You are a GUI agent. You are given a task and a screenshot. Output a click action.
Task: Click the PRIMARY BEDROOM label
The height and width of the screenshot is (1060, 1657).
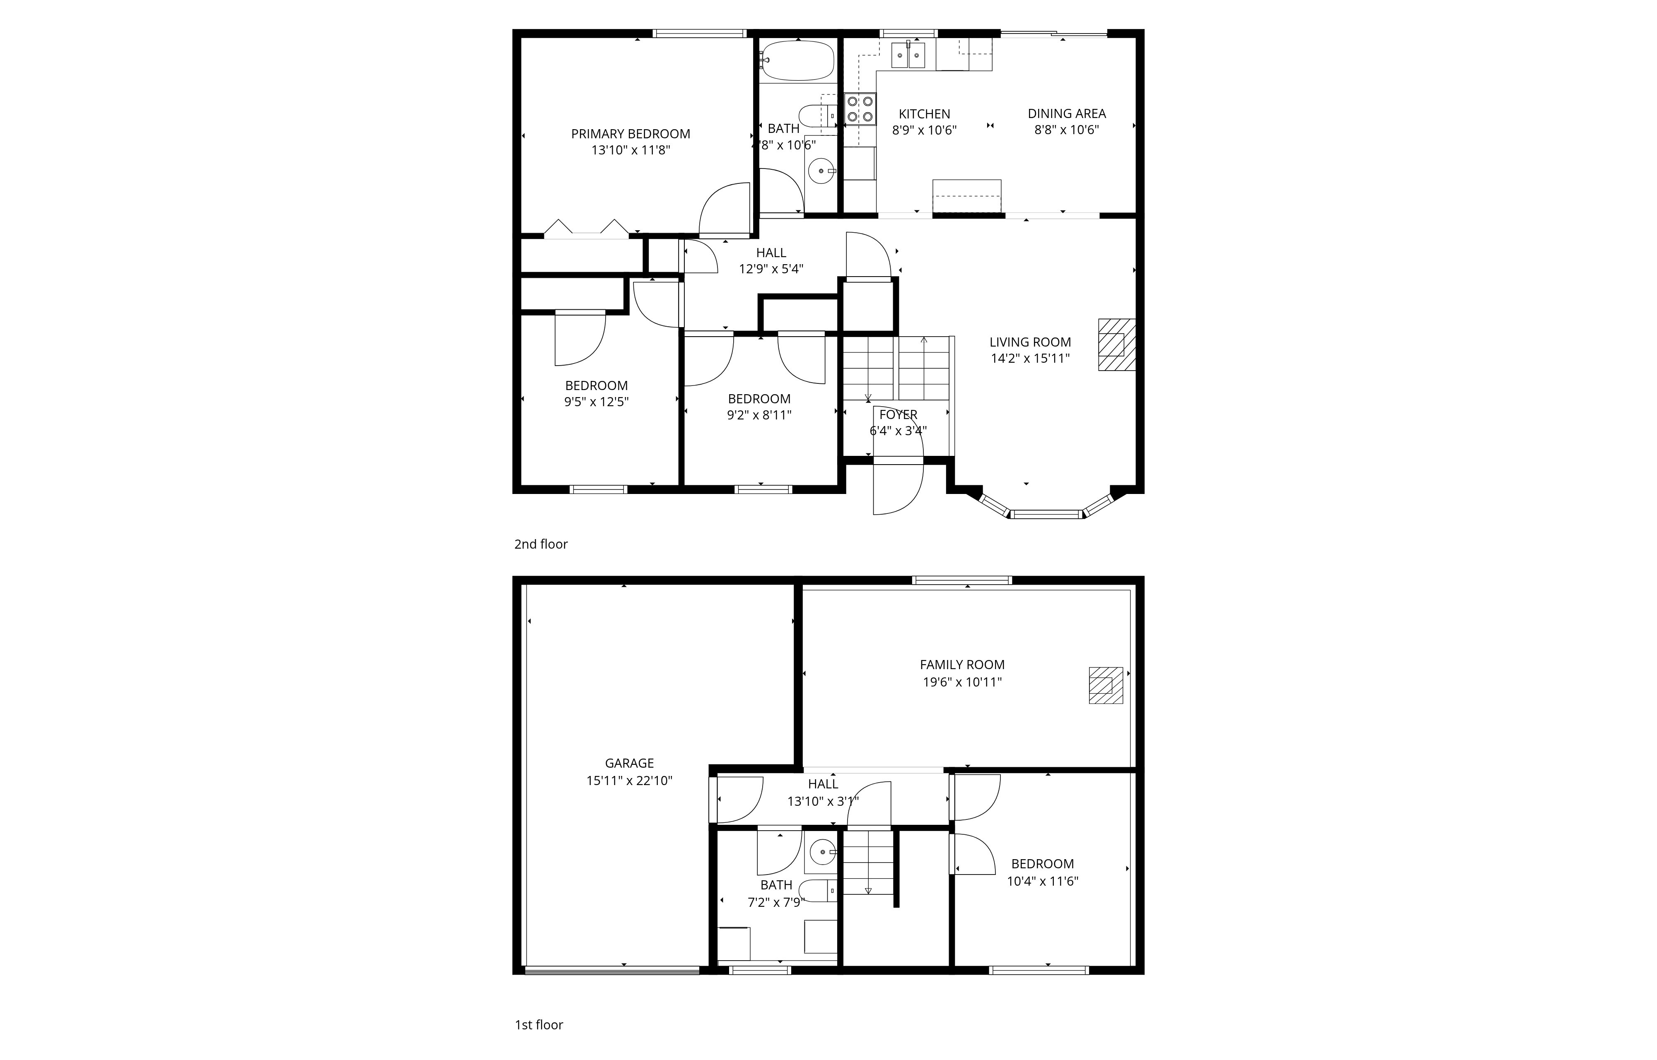coord(630,133)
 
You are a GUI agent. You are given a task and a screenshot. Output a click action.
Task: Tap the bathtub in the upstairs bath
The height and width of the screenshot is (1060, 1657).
coord(797,60)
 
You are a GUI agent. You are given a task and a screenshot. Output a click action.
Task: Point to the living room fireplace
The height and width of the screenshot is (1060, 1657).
coord(1116,344)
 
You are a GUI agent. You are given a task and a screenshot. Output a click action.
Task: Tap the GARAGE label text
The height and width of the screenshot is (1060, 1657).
coord(629,763)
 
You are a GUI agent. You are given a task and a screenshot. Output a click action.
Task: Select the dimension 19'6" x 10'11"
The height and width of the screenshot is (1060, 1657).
coord(962,682)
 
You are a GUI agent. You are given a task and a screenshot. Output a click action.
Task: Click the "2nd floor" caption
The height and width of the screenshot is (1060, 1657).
coord(541,544)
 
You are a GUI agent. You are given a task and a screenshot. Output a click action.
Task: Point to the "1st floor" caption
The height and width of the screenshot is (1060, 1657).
coord(539,1025)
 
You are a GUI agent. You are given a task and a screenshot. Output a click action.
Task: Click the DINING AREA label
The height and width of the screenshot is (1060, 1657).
coord(1066,113)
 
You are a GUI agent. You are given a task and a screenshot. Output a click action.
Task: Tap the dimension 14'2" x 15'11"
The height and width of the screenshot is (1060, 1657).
coord(1030,358)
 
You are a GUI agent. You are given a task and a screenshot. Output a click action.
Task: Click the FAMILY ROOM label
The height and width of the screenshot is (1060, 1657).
coord(962,664)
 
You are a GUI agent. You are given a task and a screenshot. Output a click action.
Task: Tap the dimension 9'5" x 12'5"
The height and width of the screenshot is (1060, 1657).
coord(596,401)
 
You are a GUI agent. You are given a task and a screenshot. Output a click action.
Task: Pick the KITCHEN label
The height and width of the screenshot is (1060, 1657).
coord(924,113)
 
